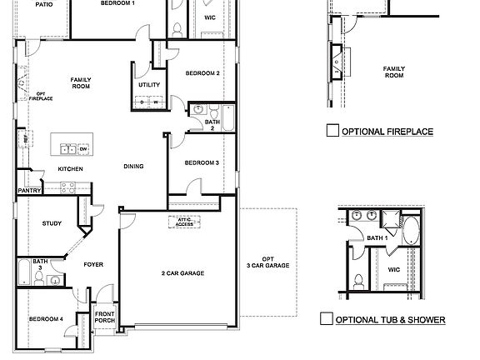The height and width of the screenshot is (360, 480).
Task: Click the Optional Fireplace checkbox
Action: [x=332, y=130]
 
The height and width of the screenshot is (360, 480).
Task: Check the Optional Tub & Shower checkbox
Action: [x=327, y=318]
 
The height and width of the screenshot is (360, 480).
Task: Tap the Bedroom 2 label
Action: [x=202, y=73]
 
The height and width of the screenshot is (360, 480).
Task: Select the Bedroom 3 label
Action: [x=202, y=162]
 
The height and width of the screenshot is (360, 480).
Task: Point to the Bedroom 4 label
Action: [x=46, y=319]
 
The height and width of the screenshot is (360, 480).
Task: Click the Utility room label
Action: [x=149, y=85]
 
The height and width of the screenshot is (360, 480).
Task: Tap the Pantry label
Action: [x=29, y=191]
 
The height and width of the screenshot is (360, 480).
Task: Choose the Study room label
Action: [x=52, y=222]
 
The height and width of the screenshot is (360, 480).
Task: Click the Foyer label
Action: [x=93, y=264]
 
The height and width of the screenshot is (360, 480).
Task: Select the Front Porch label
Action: [x=105, y=317]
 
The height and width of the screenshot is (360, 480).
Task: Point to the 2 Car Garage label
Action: [x=182, y=273]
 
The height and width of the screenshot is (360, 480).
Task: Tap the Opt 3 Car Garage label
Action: [x=267, y=262]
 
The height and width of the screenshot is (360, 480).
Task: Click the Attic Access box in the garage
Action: [x=184, y=222]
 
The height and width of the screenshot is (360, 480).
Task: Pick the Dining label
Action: [x=133, y=166]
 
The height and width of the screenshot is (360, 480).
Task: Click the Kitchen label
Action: [x=70, y=169]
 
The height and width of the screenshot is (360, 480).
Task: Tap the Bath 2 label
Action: [x=212, y=125]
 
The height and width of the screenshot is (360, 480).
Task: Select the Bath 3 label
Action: [x=40, y=264]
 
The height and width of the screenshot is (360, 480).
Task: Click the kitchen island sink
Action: [x=68, y=149]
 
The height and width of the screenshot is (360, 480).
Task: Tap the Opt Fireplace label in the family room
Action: [x=41, y=96]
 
